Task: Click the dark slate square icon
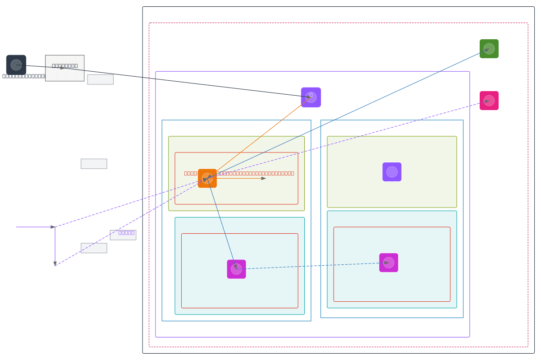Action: [x=16, y=65]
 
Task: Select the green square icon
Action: [x=489, y=49]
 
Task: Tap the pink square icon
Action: [x=489, y=101]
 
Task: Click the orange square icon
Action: [x=207, y=178]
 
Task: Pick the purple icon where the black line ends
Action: [x=311, y=97]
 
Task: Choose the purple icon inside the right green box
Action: [x=392, y=172]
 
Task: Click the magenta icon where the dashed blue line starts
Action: [x=236, y=269]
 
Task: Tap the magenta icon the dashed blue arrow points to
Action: [x=389, y=263]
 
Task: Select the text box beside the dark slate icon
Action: [x=65, y=68]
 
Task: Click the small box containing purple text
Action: [x=123, y=235]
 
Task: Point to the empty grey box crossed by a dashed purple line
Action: [x=94, y=248]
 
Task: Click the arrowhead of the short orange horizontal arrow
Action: [x=264, y=178]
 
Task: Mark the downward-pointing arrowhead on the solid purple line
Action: [x=55, y=263]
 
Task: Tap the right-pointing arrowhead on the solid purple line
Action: [x=53, y=227]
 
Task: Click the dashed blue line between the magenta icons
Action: [x=311, y=266]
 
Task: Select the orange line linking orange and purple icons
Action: [x=259, y=138]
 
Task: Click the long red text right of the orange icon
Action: [x=257, y=173]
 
